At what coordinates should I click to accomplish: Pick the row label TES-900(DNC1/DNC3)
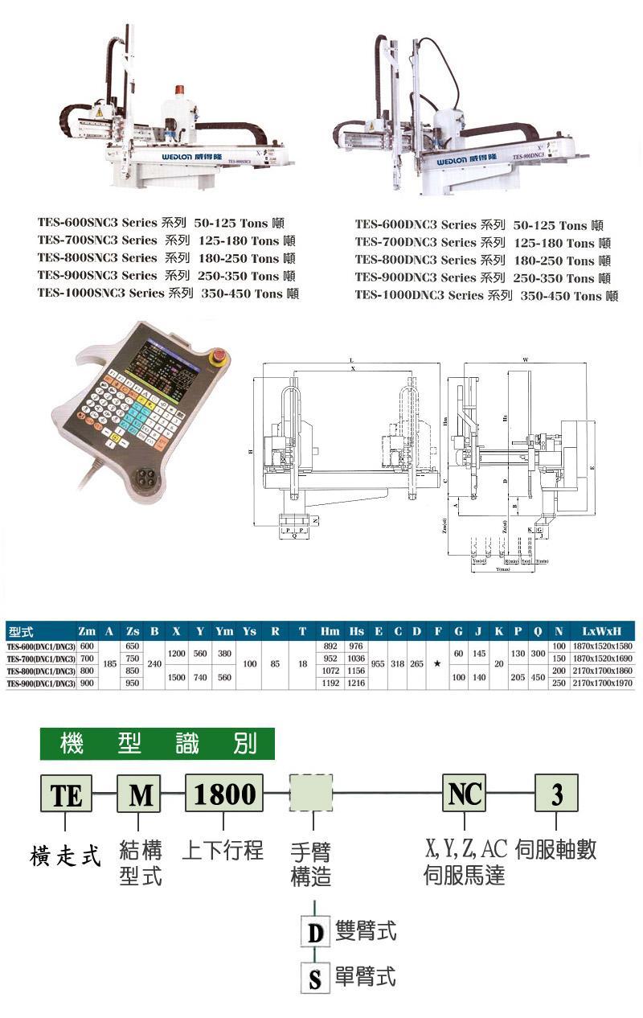tap(41, 683)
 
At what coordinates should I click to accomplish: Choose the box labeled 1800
tap(224, 794)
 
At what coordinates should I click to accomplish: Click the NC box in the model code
tap(464, 794)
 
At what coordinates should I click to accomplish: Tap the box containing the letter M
tap(139, 794)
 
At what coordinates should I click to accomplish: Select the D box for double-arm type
tap(314, 934)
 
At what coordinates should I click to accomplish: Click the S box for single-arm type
tap(314, 979)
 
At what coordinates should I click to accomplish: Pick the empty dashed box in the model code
tap(311, 794)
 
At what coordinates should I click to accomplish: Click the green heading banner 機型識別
tap(158, 744)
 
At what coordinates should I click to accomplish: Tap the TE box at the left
tap(67, 794)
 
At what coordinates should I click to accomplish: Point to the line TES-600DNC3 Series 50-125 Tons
tap(479, 225)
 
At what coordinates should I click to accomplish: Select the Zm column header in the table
tap(88, 632)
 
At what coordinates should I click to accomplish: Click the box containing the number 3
tap(556, 794)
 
